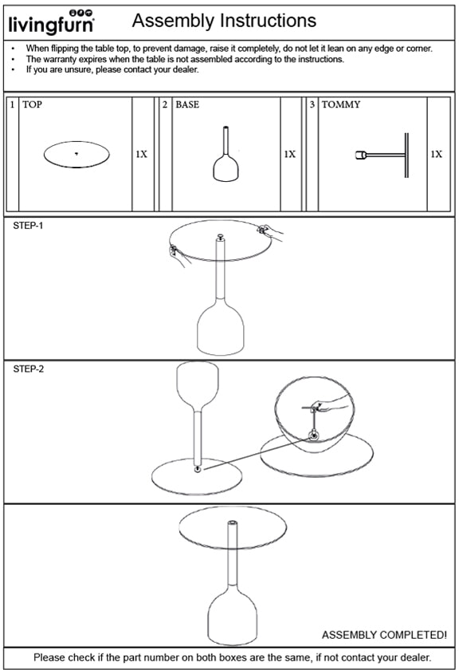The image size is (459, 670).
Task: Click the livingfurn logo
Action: pos(51,23)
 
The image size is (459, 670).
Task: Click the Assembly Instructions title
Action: pos(224,21)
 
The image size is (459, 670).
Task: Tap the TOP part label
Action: pos(33,104)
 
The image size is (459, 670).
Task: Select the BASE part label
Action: pos(187,104)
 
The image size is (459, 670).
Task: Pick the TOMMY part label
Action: pos(340,104)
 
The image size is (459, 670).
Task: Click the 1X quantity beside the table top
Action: pos(141,154)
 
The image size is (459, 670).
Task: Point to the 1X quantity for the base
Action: pos(290,154)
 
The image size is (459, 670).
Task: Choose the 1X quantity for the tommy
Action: pos(436,154)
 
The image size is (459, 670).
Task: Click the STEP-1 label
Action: pos(28,227)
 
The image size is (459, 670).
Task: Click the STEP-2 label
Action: pos(28,369)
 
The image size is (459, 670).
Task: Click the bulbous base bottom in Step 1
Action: pos(220,329)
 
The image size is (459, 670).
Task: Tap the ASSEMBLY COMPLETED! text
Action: pos(383,635)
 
